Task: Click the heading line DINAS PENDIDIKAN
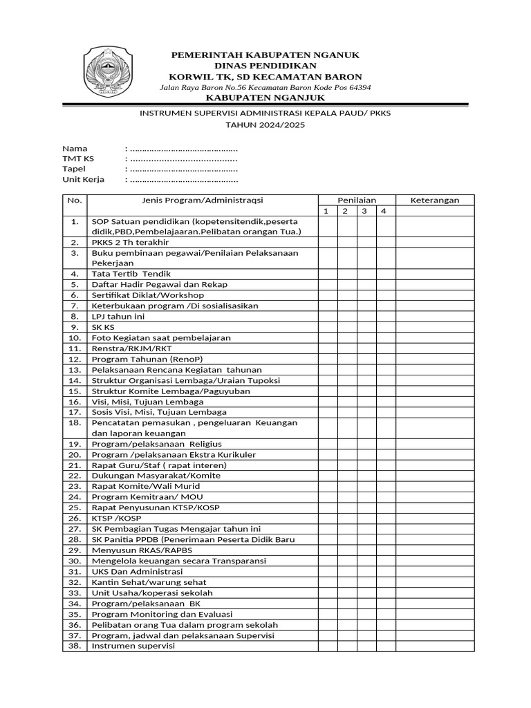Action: point(265,65)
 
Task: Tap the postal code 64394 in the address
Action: point(356,88)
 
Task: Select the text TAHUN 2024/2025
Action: point(265,125)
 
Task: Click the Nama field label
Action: point(75,149)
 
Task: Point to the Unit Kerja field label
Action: point(83,179)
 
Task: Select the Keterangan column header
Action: point(435,201)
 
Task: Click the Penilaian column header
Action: point(356,201)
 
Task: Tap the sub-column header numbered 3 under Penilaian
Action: point(366,211)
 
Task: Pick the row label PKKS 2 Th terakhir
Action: point(130,243)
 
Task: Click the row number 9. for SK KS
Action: point(73,327)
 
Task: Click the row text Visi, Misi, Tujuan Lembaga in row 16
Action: point(147,402)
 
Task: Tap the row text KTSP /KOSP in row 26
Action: point(115,518)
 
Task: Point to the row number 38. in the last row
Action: point(73,646)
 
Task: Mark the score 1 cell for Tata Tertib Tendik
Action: point(328,274)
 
